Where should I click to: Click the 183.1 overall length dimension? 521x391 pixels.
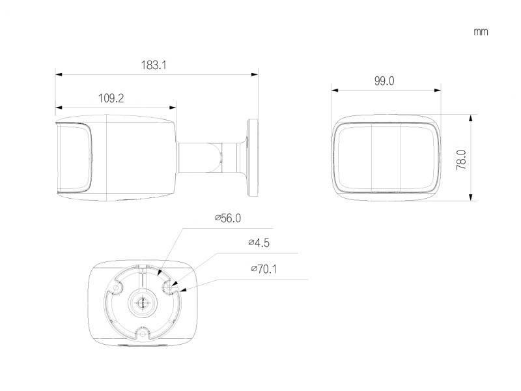[x=154, y=65]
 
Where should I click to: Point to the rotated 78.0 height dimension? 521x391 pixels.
[x=461, y=159]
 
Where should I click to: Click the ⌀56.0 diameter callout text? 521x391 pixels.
[x=228, y=219]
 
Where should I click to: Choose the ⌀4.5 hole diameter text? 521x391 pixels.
[x=259, y=243]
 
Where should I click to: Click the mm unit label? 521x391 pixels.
[x=481, y=31]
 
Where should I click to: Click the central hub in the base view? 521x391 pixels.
[x=141, y=301]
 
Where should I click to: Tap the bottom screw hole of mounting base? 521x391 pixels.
[x=141, y=334]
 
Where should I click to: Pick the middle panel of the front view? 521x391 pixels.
[x=384, y=156]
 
